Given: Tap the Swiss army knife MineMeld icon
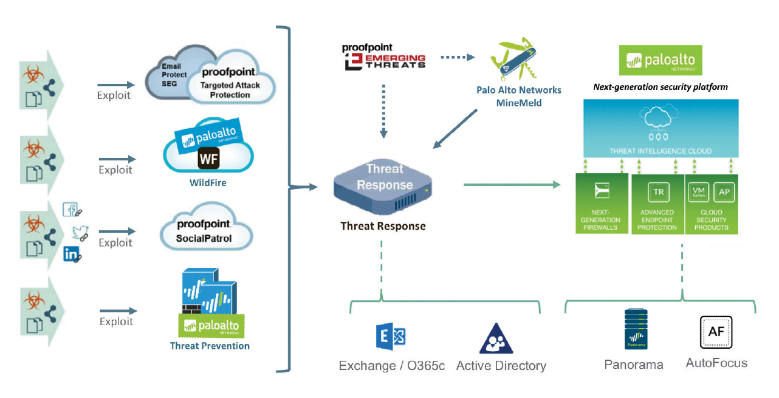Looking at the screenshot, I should pos(515,60).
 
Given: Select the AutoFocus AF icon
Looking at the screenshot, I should pos(716,332).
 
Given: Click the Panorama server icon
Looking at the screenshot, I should pos(636,330).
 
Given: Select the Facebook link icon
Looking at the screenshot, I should pos(72,210).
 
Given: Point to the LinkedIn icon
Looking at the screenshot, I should pos(72,254).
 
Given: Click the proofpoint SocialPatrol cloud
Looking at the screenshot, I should pos(204,231).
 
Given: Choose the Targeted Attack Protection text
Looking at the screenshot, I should pos(230,90).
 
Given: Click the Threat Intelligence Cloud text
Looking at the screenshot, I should pos(659,151).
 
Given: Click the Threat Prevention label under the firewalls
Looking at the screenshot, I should pos(210,346).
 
